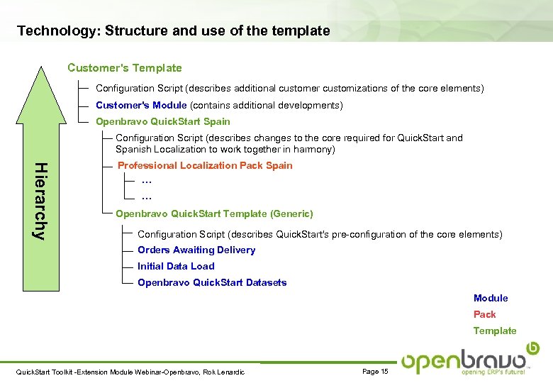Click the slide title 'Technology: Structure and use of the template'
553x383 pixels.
point(173,31)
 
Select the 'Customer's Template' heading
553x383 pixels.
point(124,68)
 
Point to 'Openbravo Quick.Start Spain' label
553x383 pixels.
point(162,121)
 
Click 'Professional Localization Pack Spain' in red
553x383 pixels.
point(205,165)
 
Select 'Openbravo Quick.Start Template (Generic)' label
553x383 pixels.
point(214,213)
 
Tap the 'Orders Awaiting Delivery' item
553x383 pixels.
point(196,250)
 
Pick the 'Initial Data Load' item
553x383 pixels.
point(176,266)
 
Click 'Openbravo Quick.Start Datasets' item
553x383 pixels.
point(212,282)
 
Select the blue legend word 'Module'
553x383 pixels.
point(491,298)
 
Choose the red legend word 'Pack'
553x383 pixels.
point(485,314)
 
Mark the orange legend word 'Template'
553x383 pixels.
point(495,331)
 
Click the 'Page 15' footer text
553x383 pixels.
point(375,372)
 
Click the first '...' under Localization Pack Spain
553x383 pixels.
point(147,181)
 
